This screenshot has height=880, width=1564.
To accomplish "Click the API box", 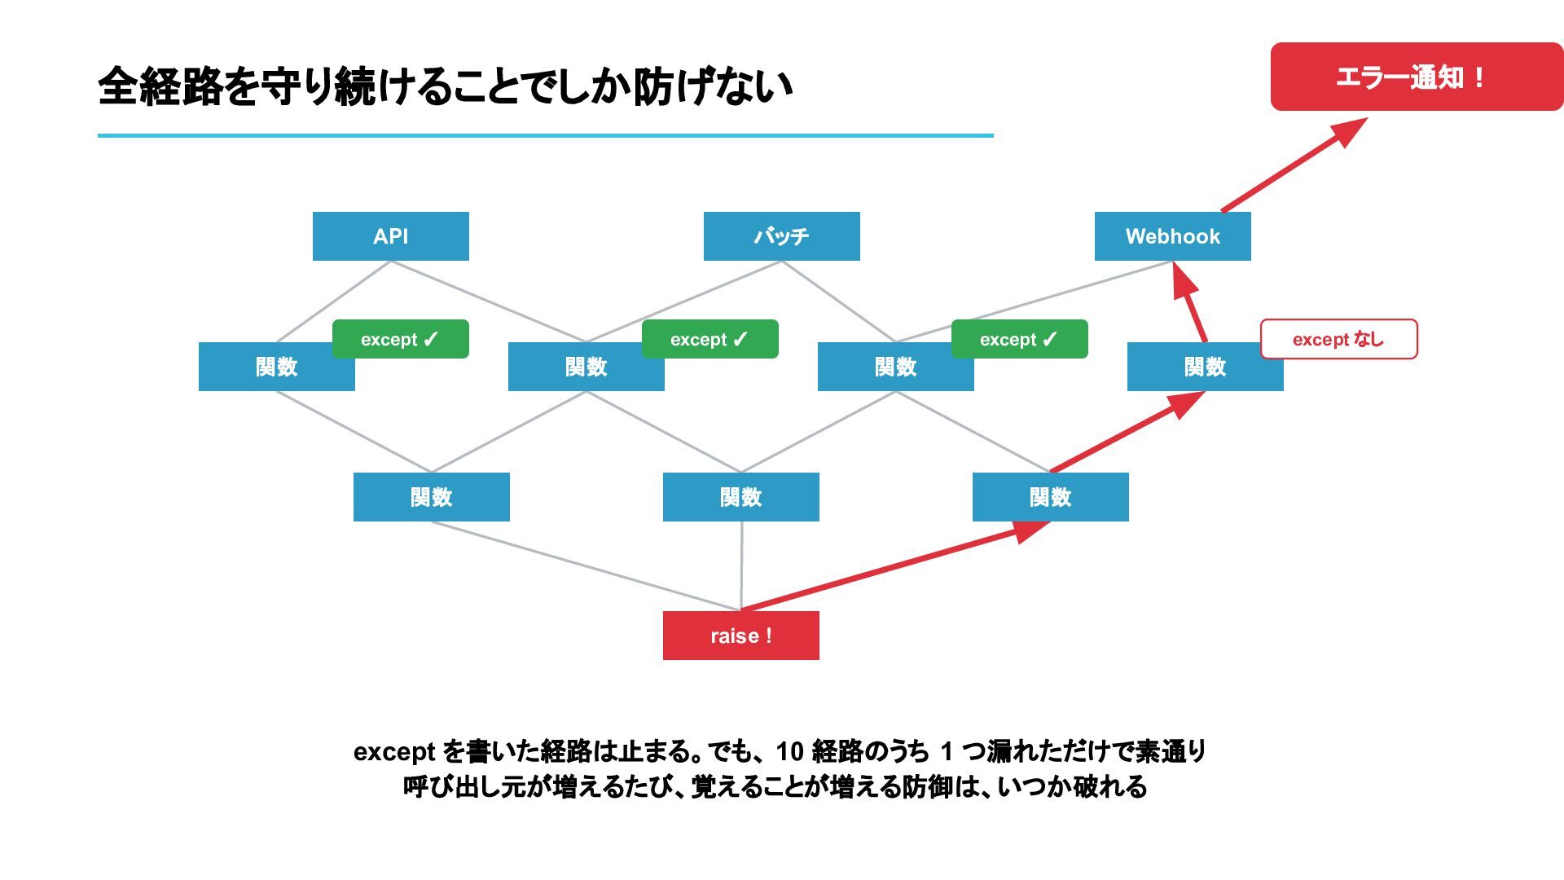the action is [x=391, y=236].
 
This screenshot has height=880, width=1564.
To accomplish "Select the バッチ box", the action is [x=782, y=236].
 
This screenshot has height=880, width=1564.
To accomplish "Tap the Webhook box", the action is [x=1173, y=236].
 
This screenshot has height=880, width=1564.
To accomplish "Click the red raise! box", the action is [x=741, y=636].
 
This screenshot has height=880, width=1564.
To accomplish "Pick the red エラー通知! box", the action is [x=1417, y=77].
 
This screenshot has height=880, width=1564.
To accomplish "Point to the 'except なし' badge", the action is [x=1339, y=339].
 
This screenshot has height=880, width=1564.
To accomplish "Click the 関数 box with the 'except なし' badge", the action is [x=1206, y=367].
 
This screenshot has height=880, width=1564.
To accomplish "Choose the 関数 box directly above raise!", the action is [x=741, y=497].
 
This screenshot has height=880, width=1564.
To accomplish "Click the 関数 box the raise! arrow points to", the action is [x=1051, y=497].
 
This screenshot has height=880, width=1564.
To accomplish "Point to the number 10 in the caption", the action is [x=789, y=751].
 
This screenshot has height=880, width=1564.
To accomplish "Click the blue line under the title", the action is [x=546, y=135].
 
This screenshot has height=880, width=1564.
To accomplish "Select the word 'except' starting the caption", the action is [x=394, y=752].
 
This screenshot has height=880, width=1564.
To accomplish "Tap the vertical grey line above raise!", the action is [x=741, y=566].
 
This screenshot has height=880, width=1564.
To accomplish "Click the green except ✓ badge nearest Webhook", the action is [x=1020, y=339].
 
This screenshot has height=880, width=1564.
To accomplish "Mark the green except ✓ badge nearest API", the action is [x=401, y=339].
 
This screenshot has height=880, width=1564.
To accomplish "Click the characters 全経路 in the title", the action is [x=160, y=86].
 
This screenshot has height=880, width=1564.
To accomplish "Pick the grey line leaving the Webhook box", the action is [x=1035, y=301].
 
